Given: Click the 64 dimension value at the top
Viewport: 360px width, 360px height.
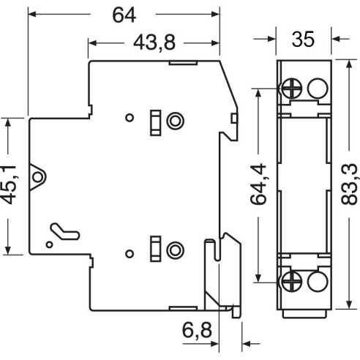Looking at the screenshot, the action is tap(124, 15).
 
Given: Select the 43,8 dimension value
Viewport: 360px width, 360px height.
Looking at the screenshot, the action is tap(154, 43).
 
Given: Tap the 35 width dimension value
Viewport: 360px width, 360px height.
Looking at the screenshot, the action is tap(303, 39).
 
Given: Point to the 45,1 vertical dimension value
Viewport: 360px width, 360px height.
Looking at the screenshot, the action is tap(9, 185).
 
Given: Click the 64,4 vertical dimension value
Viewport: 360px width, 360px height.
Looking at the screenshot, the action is tap(258, 184).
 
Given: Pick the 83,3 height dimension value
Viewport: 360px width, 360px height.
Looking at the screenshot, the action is tap(350, 184).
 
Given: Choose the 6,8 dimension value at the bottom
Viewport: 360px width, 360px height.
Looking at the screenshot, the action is tap(197, 331).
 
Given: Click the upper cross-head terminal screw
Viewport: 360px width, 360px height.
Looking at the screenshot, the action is tap(292, 89).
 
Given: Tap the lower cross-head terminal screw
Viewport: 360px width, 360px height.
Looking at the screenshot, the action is tap(292, 281).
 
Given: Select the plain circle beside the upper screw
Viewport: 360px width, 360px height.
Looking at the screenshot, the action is tap(318, 89).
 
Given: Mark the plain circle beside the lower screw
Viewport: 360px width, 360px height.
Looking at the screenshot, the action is tap(318, 281).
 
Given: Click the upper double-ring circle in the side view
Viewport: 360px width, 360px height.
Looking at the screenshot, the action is tap(175, 121).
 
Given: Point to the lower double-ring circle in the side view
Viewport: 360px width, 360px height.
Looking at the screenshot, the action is tap(175, 250).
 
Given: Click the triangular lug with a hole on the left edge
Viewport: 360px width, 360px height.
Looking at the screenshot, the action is tap(37, 177).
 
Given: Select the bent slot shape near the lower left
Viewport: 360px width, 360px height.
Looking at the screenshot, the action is tap(64, 231).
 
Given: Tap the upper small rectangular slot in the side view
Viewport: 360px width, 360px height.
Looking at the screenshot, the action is tap(155, 123).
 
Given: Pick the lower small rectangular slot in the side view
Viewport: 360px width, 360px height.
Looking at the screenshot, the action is tap(155, 249).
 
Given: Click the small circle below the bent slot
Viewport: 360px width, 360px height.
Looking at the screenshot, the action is tap(50, 244).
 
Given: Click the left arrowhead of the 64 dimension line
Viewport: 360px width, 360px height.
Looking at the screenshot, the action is tap(32, 14).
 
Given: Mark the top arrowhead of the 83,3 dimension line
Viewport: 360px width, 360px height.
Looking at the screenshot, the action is tap(349, 64).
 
